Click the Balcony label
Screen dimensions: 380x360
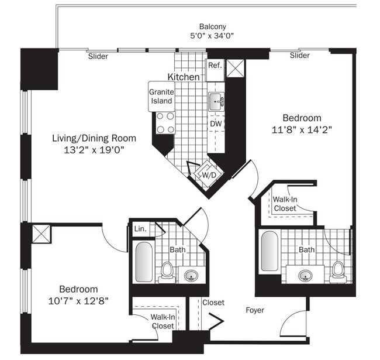213,26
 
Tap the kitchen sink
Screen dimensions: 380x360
216,102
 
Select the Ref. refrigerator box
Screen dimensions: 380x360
215,70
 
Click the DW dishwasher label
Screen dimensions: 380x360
216,124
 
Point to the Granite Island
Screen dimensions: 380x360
161,97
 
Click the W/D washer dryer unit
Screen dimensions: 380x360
208,174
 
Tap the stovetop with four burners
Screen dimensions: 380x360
165,123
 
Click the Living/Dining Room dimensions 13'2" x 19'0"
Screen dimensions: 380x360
94,150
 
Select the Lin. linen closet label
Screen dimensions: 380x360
140,229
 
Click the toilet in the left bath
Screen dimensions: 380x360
167,273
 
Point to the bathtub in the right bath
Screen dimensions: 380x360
270,251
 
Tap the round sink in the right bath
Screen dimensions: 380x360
305,276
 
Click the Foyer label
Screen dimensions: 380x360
255,310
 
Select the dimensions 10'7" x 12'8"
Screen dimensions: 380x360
78,301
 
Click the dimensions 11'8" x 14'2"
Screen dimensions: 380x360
302,130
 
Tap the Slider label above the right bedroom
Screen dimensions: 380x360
299,55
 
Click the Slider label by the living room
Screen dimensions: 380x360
98,56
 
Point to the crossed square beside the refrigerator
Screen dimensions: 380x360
236,68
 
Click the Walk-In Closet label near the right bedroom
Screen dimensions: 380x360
285,204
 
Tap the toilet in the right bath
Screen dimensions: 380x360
338,272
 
